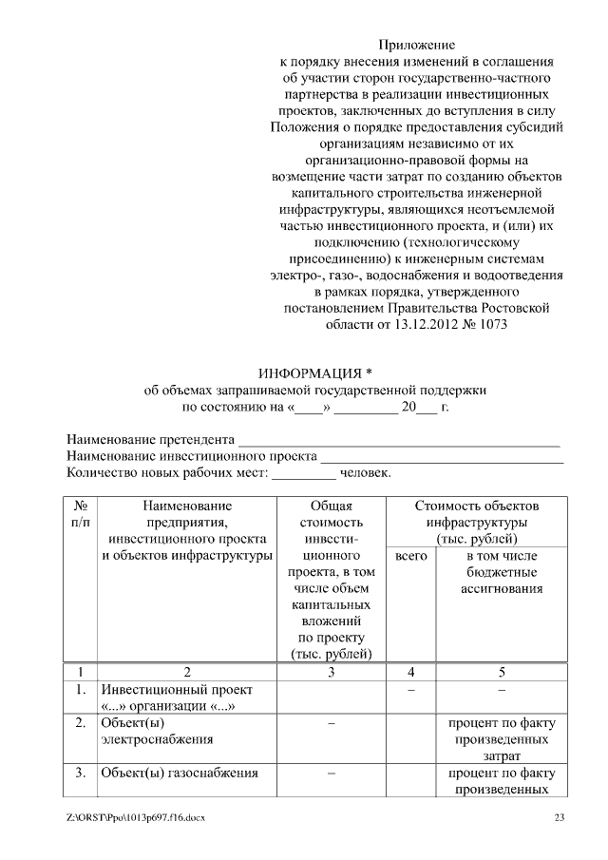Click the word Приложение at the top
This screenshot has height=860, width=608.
pos(417,45)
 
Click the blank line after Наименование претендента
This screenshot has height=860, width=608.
pos(398,441)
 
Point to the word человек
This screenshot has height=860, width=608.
pos(365,472)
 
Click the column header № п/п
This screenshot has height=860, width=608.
pos(81,513)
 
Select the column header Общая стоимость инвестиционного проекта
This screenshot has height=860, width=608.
pos(331,580)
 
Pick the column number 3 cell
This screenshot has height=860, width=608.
pos(331,672)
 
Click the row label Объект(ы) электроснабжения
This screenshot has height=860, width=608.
pos(157,730)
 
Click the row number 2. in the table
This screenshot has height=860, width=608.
pos(81,723)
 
